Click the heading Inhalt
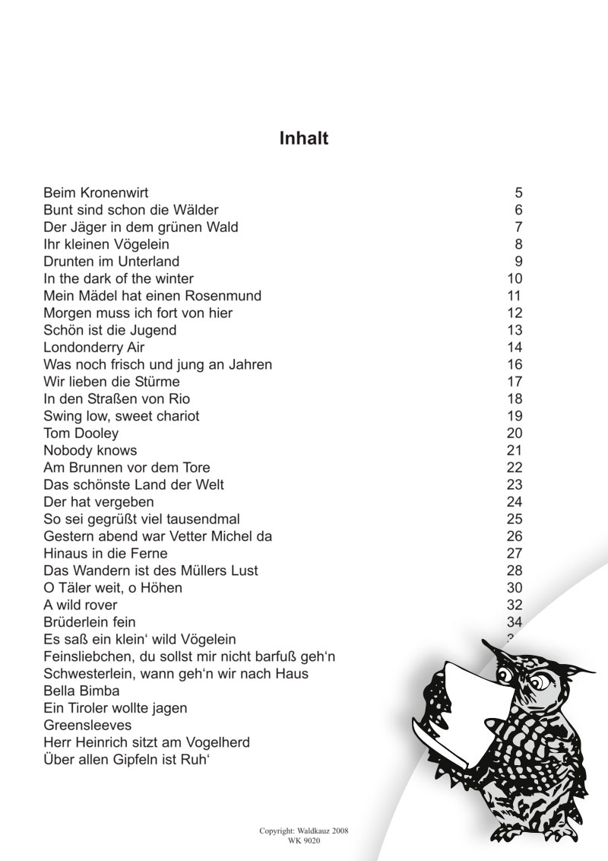point(303,139)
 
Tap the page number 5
point(518,192)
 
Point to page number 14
point(515,348)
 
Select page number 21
point(515,450)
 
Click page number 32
point(515,605)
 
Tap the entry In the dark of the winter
point(119,278)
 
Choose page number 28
point(515,570)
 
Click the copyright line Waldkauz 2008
point(303,832)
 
